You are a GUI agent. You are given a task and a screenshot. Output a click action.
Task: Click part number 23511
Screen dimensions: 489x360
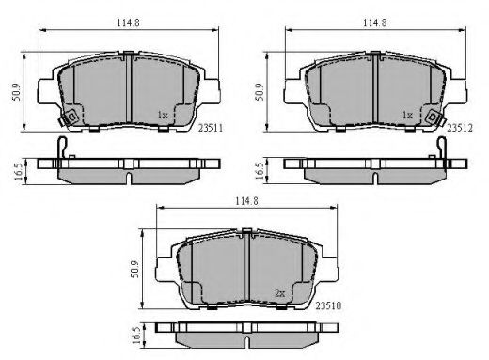[x=211, y=128]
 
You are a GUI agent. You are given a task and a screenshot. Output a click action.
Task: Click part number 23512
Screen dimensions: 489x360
[x=459, y=128]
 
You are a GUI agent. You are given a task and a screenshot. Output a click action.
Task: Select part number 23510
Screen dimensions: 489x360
[x=328, y=305]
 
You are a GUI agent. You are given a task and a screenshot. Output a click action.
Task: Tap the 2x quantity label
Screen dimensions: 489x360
[x=280, y=293]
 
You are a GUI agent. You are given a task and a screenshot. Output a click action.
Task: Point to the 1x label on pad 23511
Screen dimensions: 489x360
[x=163, y=115]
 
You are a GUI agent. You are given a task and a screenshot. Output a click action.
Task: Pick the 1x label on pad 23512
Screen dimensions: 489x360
[x=407, y=115]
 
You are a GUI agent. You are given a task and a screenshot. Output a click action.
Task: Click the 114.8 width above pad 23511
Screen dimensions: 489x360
[x=128, y=23]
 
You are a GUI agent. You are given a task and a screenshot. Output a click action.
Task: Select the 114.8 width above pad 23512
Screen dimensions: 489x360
[x=375, y=23]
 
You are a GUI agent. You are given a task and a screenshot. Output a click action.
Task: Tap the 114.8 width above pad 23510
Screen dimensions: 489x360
[x=247, y=201]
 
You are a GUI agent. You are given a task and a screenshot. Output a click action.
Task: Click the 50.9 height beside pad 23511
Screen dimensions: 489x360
[x=16, y=92]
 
